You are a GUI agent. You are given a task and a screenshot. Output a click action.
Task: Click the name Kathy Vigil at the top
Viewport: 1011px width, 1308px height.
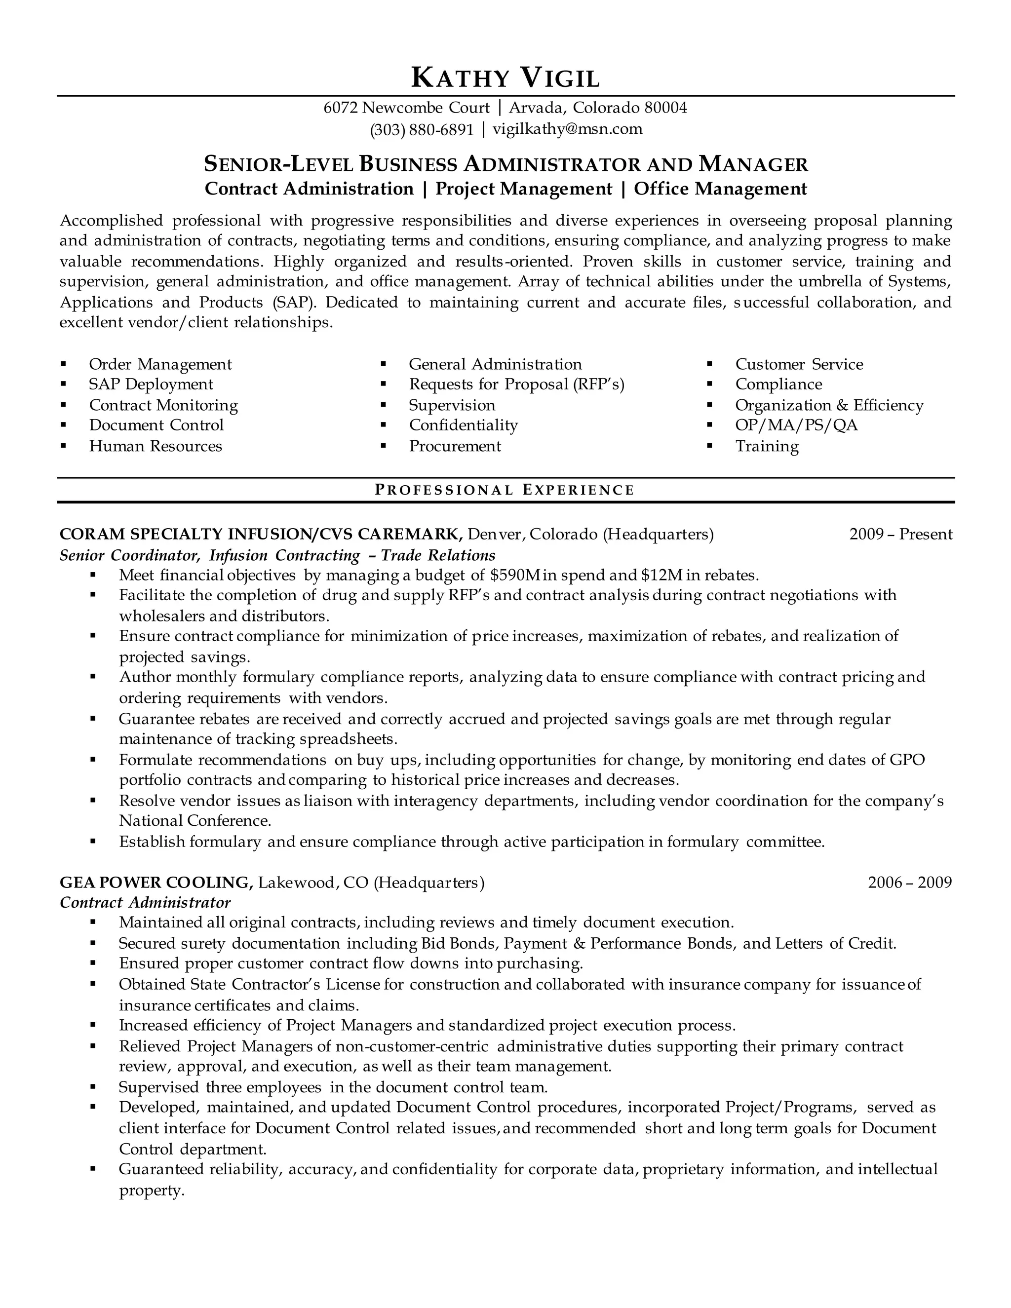coord(505,78)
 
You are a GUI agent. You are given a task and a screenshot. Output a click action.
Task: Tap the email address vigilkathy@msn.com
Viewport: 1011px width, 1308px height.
coord(567,129)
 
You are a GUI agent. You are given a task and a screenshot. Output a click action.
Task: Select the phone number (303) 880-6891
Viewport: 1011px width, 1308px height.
coord(422,129)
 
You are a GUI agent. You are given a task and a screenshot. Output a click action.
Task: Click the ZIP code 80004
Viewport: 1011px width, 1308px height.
coord(665,108)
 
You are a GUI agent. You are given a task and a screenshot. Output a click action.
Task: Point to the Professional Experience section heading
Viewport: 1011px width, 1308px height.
coord(505,490)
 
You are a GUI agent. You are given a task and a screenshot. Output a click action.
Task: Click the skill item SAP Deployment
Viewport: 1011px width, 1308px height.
coord(151,385)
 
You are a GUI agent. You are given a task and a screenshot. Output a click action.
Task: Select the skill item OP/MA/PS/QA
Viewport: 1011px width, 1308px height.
coord(796,425)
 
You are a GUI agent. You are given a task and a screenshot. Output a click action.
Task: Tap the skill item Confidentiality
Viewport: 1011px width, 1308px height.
coord(463,425)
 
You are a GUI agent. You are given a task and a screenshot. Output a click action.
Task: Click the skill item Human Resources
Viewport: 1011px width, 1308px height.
coord(155,446)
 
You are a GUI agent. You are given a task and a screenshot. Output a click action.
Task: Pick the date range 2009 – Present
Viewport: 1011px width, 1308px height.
coord(900,534)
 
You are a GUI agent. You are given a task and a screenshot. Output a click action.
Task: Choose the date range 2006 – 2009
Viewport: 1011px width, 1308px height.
coord(909,882)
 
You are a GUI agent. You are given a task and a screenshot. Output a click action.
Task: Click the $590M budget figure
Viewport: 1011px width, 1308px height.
coord(515,576)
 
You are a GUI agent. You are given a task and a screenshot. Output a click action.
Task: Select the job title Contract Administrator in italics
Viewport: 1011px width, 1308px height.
coord(145,903)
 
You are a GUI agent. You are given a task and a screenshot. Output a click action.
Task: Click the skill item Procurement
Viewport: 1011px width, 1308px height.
coord(455,446)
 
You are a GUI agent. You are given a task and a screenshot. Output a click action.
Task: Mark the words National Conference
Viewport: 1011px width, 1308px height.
coord(194,820)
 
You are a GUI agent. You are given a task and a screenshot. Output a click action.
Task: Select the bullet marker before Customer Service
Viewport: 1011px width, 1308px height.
coord(710,364)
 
